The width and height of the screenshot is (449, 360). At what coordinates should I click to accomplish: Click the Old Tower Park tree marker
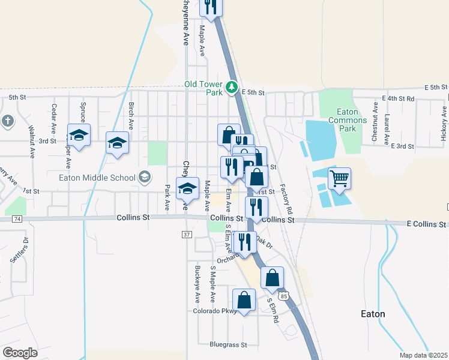231,89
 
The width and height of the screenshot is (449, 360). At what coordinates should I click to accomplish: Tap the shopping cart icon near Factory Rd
339,178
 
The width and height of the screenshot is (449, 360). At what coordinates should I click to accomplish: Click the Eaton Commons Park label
347,120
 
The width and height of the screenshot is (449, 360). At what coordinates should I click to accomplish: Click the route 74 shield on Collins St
16,220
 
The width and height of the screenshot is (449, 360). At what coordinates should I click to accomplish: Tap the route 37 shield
187,233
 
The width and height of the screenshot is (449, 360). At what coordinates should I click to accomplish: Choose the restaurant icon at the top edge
211,6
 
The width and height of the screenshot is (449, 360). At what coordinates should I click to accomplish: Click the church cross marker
7,121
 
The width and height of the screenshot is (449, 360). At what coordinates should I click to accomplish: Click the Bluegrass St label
228,345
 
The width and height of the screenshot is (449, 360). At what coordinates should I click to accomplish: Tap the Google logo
20,352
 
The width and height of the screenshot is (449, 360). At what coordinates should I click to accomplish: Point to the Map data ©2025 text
424,355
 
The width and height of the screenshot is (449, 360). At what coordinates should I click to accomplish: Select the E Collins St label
426,224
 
